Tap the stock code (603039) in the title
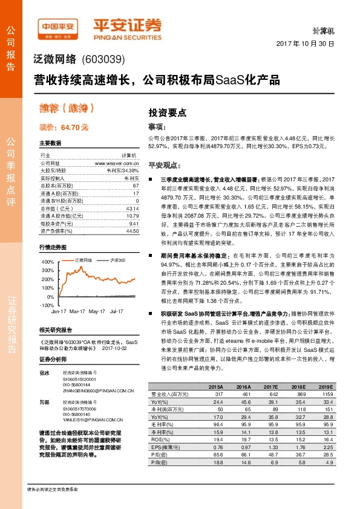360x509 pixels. (103, 59)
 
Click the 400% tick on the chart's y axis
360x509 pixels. (48, 262)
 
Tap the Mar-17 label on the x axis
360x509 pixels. (77, 311)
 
